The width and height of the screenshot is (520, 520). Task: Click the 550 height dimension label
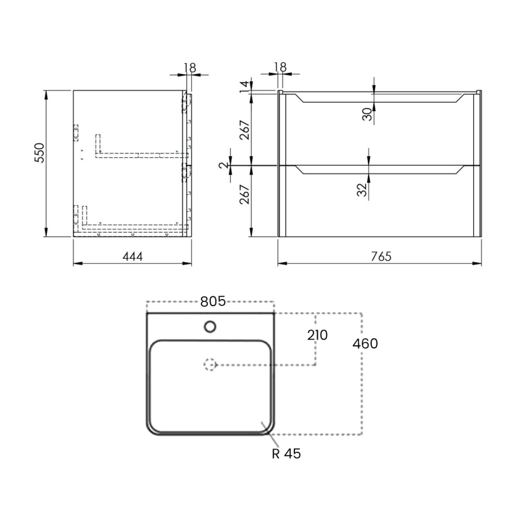click(x=38, y=153)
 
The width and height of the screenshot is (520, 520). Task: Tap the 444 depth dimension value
click(x=132, y=256)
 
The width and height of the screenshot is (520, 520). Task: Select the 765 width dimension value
click(x=381, y=256)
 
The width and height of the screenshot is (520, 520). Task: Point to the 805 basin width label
click(x=213, y=302)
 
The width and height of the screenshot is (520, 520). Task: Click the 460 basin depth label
click(x=365, y=343)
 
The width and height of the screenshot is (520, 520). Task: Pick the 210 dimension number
click(x=317, y=335)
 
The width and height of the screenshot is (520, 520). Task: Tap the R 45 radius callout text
click(x=286, y=454)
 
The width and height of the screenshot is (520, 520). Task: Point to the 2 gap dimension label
click(x=223, y=166)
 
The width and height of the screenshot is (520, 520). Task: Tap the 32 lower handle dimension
click(x=362, y=189)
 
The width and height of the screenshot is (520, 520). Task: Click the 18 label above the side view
click(x=190, y=67)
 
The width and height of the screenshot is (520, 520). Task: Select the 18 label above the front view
click(x=280, y=67)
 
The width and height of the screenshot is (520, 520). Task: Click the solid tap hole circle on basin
click(x=211, y=326)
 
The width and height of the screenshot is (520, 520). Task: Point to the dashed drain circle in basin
click(x=210, y=365)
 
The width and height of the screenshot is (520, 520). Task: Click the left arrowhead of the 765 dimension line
click(x=281, y=264)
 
